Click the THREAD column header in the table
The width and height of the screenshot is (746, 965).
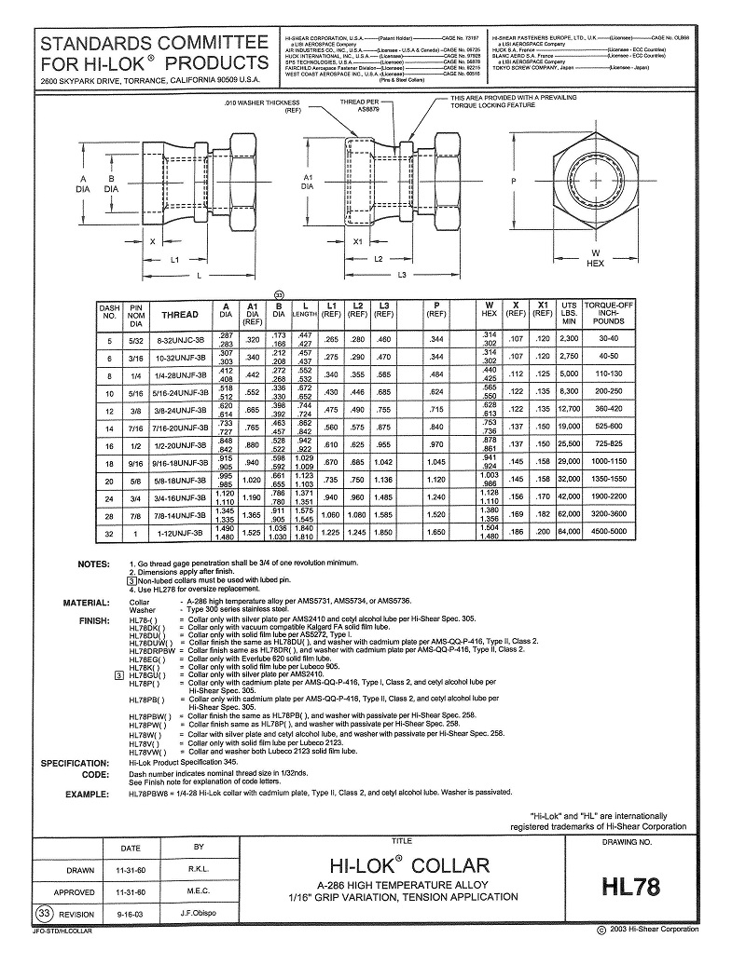180,315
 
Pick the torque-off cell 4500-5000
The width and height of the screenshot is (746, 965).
615,533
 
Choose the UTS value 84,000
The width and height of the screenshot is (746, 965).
570,533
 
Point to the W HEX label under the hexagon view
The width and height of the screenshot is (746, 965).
596,258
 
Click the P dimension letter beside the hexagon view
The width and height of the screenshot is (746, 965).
515,181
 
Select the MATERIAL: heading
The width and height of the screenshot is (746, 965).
87,603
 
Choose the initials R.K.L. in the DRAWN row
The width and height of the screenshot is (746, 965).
198,870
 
